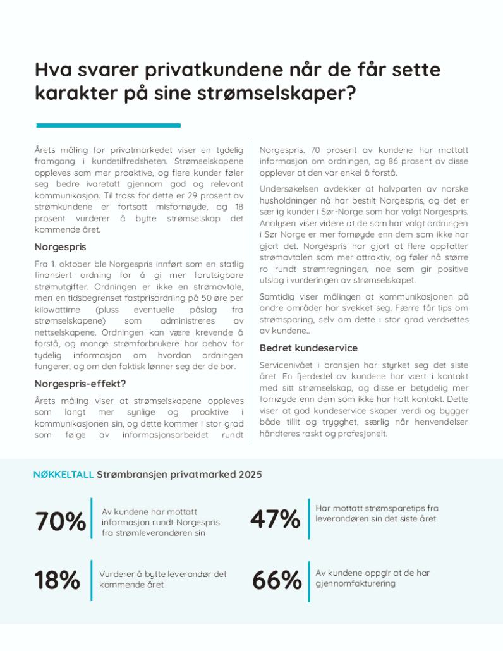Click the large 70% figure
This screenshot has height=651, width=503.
coord(61,522)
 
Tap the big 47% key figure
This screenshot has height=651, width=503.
coord(275,520)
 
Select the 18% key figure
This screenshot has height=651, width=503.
coord(57,580)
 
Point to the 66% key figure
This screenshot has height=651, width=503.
coord(277,580)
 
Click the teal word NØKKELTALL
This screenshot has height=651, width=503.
coord(63,474)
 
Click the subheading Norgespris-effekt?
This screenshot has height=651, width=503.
coord(80,383)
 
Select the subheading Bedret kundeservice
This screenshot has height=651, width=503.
coord(308,348)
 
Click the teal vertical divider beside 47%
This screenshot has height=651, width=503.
coord(309,519)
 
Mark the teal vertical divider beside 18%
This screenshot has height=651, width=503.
coord(92,580)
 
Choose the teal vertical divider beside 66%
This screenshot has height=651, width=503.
coord(309,580)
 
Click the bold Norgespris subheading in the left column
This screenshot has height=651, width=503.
coord(60,246)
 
